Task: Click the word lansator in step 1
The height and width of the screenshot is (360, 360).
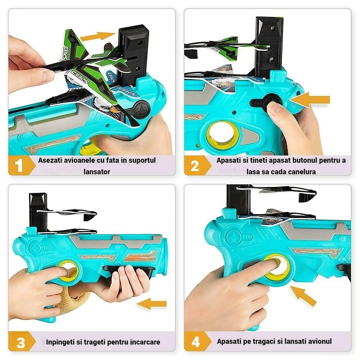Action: (x=97, y=171)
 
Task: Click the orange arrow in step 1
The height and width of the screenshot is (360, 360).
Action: (x=98, y=36)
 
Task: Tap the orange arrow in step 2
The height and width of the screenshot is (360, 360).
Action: (x=310, y=100)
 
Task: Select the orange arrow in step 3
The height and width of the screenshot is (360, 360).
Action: (x=152, y=304)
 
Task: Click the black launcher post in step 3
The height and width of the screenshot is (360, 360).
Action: (x=38, y=212)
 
